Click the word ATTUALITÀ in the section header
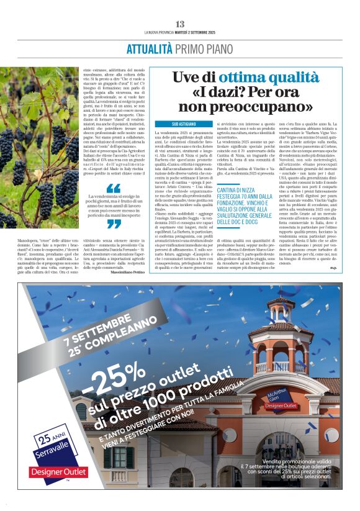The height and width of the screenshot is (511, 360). [150, 49]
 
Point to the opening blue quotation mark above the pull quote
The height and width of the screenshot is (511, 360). [114, 188]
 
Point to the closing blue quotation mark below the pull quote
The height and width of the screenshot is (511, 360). [114, 225]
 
